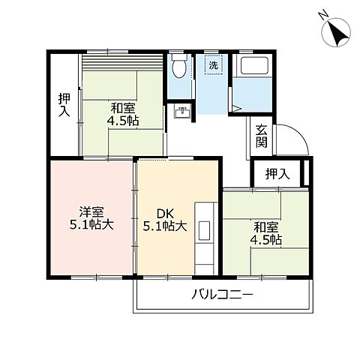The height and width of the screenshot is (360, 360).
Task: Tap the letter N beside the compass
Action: click(321, 14)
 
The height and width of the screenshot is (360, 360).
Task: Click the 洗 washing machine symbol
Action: click(214, 65)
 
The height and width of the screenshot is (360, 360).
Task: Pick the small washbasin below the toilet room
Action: click(182, 112)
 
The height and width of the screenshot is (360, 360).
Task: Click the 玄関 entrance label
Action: click(261, 134)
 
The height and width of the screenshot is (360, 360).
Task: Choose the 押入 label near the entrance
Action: click(277, 174)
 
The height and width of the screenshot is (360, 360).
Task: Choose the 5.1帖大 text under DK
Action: click(165, 224)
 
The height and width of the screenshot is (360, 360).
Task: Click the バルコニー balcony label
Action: click(223, 295)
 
